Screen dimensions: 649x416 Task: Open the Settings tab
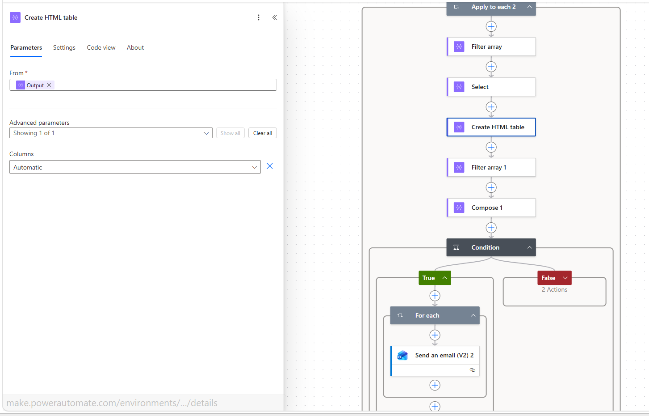[x=64, y=47]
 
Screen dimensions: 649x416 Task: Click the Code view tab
[x=101, y=47]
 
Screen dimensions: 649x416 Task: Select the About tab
[x=135, y=47]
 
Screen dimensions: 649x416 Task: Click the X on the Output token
[x=49, y=85]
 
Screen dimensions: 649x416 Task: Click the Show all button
[x=230, y=133]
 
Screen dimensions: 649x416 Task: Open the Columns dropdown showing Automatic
[x=135, y=167]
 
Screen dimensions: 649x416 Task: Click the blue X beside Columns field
[x=270, y=166]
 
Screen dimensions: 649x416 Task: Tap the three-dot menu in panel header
[x=259, y=17]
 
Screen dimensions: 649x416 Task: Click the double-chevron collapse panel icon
[x=275, y=17]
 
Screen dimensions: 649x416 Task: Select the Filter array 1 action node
[x=491, y=167]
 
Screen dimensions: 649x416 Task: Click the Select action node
[x=491, y=87]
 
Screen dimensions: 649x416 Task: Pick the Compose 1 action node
[x=491, y=208]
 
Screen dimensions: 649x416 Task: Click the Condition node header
[x=491, y=247]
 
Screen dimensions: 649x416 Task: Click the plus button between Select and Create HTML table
[x=491, y=107]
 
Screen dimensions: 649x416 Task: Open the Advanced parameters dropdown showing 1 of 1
[x=111, y=133]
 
